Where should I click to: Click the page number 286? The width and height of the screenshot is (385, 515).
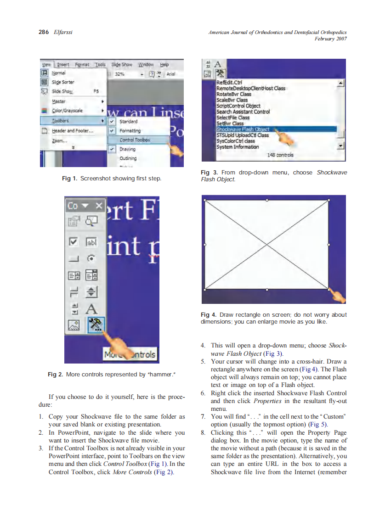point(43,32)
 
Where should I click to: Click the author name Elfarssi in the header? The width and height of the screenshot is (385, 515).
point(62,32)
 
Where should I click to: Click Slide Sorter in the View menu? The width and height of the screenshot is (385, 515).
point(63,82)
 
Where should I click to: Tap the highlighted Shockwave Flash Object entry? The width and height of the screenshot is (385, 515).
point(243,129)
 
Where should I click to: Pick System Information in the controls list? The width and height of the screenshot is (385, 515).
point(238,147)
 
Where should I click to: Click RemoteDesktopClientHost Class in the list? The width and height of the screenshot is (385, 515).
point(251,88)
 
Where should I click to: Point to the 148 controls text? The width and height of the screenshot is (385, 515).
point(280,155)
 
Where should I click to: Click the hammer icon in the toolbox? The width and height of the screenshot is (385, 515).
point(96,325)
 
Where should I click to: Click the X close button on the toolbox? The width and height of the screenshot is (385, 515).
point(98,206)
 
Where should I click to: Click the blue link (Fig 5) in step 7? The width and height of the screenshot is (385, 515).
point(318,425)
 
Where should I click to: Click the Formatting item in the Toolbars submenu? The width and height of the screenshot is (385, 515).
point(130,131)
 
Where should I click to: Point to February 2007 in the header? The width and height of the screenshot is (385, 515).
point(330,39)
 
